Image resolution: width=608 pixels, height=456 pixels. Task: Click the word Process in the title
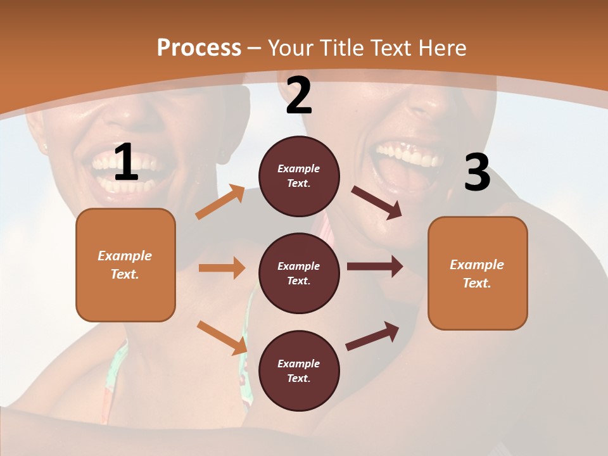199,48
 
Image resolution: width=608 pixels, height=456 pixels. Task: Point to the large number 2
299,96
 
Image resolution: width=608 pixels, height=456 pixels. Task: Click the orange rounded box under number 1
125,265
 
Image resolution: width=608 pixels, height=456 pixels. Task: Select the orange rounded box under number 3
478,273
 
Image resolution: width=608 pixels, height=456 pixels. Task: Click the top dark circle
299,176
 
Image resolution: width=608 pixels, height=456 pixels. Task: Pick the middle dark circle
299,273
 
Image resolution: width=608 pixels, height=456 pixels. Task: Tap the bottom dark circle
299,370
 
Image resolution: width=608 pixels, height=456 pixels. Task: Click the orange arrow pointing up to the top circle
220,202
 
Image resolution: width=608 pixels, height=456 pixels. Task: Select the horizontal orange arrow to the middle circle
222,268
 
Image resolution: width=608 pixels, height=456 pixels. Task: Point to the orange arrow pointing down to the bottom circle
222,338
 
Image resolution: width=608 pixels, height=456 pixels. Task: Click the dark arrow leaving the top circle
377,202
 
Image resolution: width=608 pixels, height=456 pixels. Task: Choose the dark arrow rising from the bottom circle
372,336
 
